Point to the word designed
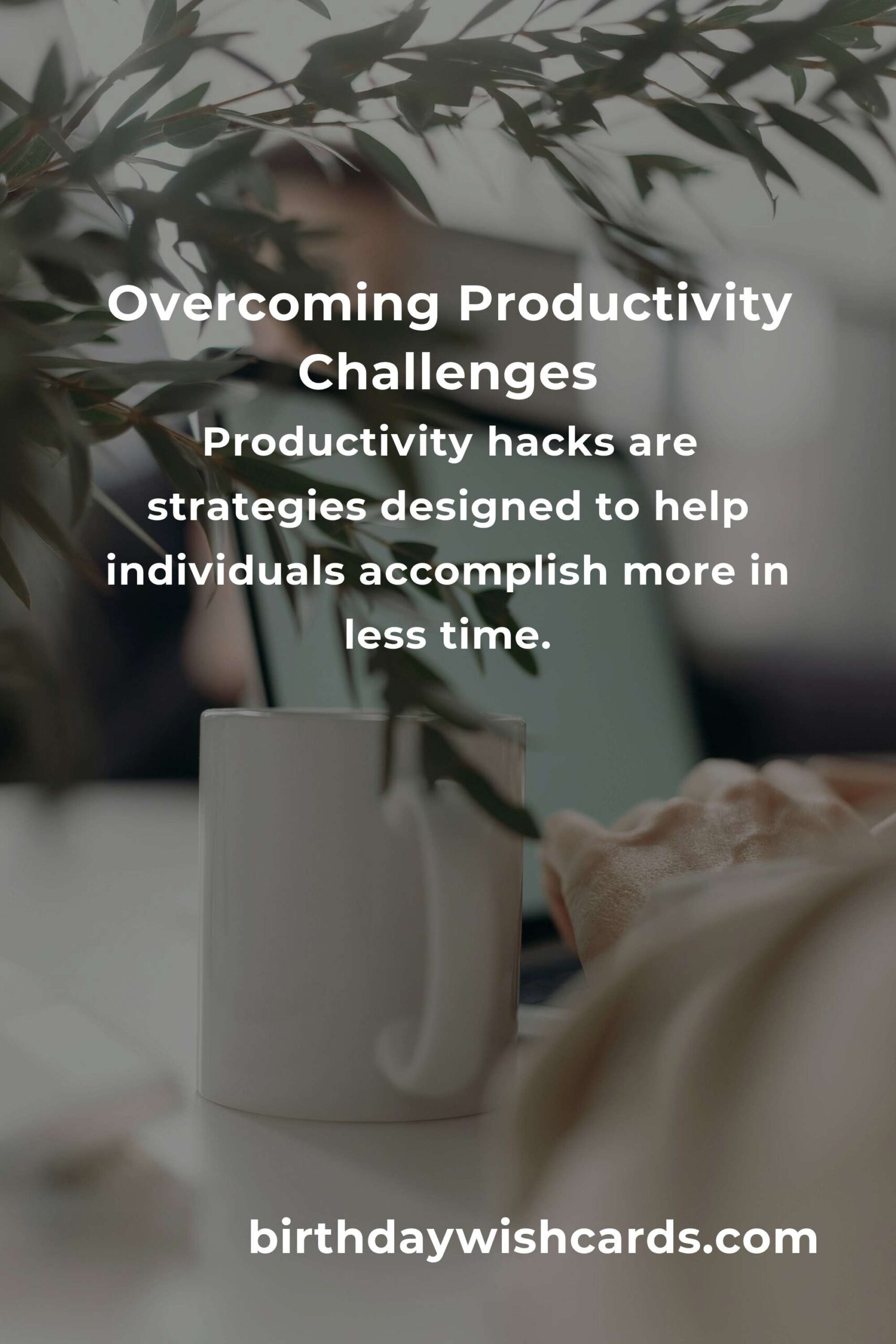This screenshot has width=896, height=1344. pyautogui.click(x=480, y=509)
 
